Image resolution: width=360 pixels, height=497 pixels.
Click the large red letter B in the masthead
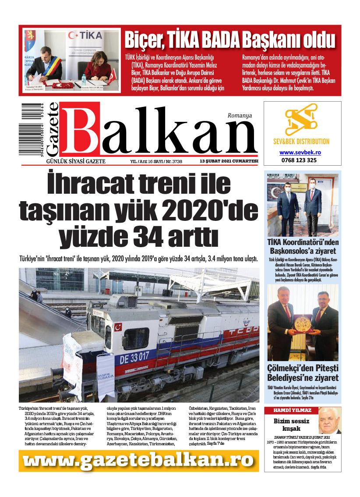(x=83, y=132)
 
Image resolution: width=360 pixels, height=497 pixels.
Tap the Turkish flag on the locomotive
(x=117, y=327)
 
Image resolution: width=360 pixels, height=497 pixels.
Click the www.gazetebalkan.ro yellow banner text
(x=138, y=461)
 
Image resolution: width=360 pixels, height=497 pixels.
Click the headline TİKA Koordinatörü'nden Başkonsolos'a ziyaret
(x=302, y=247)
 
